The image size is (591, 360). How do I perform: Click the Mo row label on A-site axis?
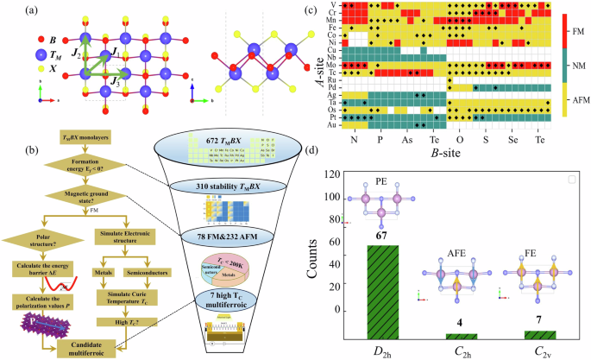tap(333, 65)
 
